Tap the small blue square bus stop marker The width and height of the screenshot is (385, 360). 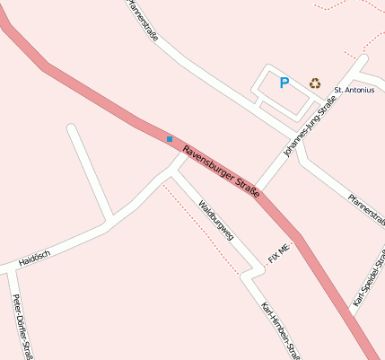tap(169, 138)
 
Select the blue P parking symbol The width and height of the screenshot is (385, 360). tap(284, 83)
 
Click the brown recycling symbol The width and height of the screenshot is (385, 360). tap(315, 83)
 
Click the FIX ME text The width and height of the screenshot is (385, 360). tap(279, 252)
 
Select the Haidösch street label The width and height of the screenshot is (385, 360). tap(34, 257)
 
